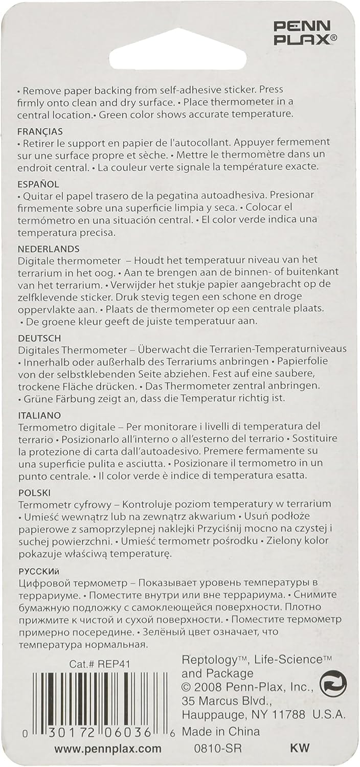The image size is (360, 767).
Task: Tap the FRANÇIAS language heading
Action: (40, 131)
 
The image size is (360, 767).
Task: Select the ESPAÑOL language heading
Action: (38, 184)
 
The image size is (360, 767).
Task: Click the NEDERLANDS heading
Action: (49, 249)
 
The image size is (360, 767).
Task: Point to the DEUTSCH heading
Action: (39, 338)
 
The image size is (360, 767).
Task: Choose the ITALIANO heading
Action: (39, 415)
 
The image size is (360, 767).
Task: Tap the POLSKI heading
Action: (34, 493)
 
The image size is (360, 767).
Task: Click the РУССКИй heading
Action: (39, 571)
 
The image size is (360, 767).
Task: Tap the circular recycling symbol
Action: (333, 684)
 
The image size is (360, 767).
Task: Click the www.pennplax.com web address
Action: (108, 749)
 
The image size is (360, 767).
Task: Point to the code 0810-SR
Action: (218, 749)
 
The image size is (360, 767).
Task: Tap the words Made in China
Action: (221, 732)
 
